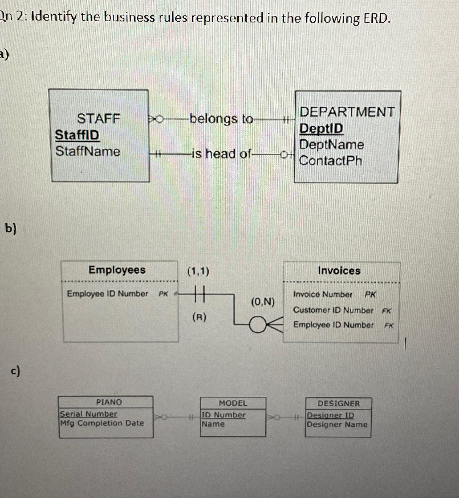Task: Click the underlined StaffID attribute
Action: [77, 135]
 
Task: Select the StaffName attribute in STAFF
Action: [88, 151]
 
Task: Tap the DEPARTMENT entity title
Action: [347, 112]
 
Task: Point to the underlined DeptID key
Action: [321, 129]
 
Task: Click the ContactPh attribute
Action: [330, 161]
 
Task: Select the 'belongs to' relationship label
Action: [221, 119]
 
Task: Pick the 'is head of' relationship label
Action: [221, 154]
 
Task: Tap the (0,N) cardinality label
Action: [263, 302]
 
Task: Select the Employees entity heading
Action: [117, 270]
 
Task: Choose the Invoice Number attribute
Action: [323, 294]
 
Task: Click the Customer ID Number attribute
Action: [333, 310]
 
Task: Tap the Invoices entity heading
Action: [339, 271]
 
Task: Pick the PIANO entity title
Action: [109, 402]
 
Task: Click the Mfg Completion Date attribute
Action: [102, 423]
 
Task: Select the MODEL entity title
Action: [233, 403]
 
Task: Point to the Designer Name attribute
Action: [337, 424]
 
